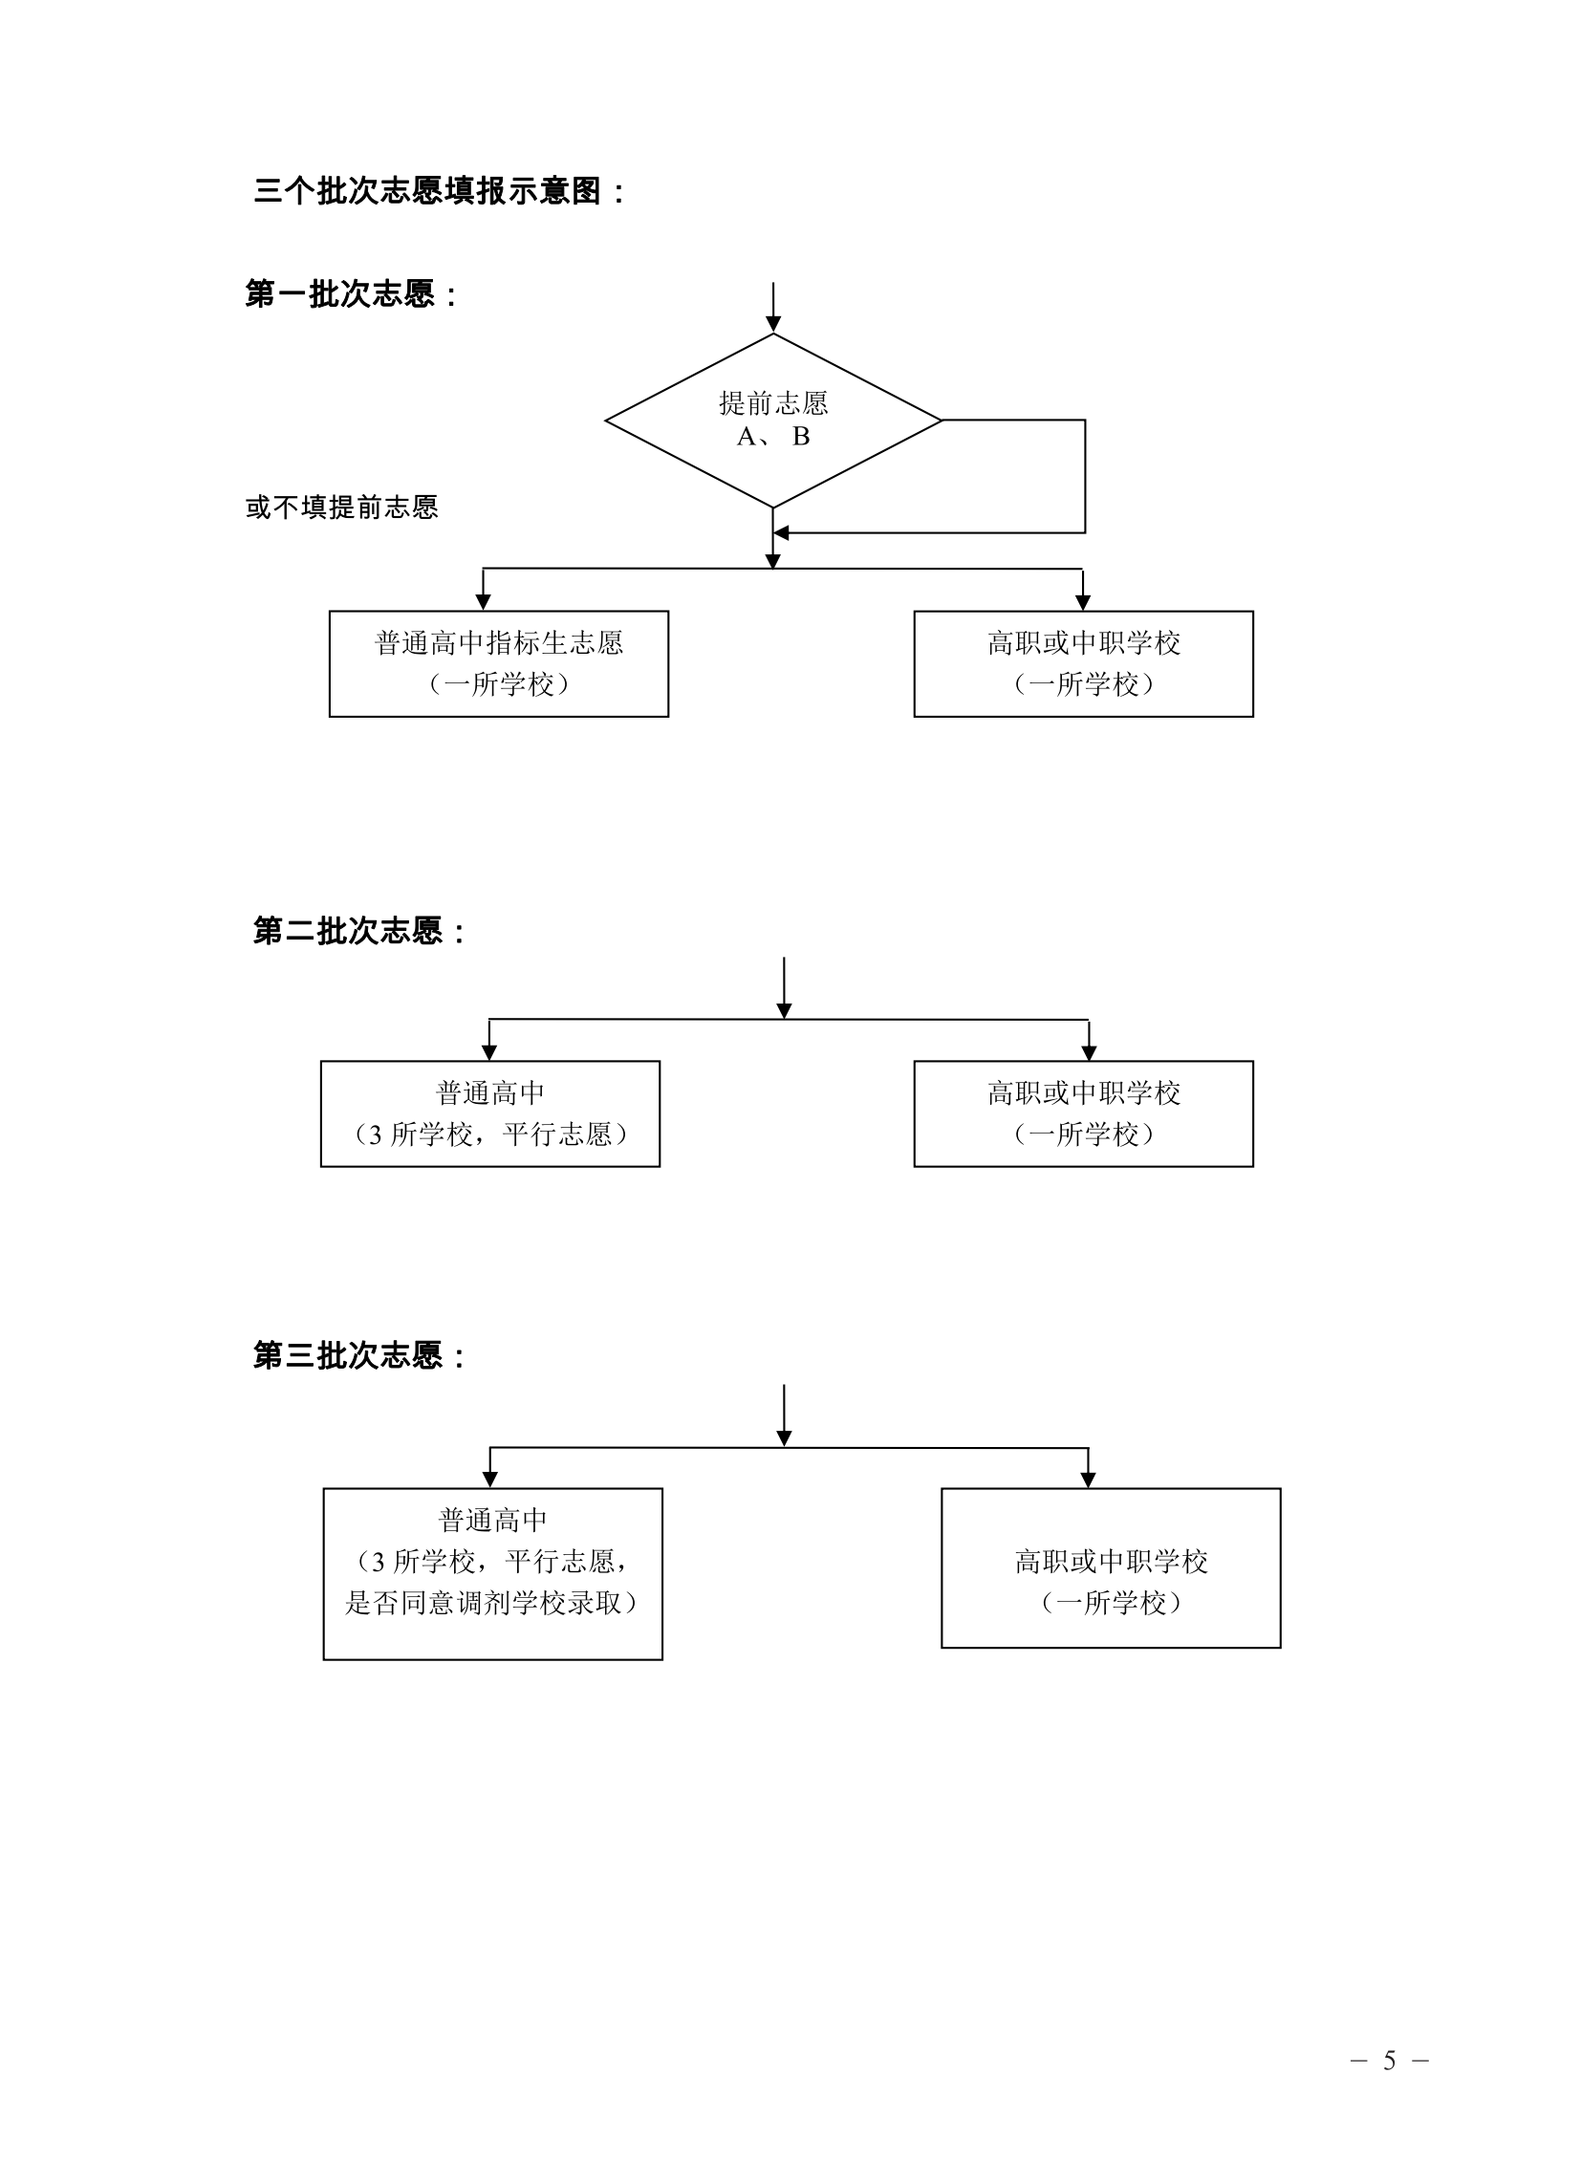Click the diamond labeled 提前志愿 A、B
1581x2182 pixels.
coord(772,420)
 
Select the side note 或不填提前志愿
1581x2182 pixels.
coord(341,507)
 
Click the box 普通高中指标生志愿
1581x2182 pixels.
coord(498,664)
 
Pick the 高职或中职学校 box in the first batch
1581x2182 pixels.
coord(1083,664)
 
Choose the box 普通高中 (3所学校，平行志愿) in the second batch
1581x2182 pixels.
coord(489,1114)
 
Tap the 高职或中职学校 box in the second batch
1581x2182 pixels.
coord(1083,1114)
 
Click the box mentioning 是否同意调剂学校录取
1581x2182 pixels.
coord(492,1574)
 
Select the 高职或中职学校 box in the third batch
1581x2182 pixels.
coord(1111,1568)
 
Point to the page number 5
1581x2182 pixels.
coord(1389,2060)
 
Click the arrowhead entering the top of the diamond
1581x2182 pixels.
coord(772,324)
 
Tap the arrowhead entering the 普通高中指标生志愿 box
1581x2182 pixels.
coord(483,602)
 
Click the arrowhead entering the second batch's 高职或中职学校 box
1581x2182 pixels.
coord(1089,1052)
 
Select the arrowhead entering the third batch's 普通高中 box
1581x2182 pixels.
coord(489,1480)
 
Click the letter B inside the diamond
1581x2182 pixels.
coord(801,437)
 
